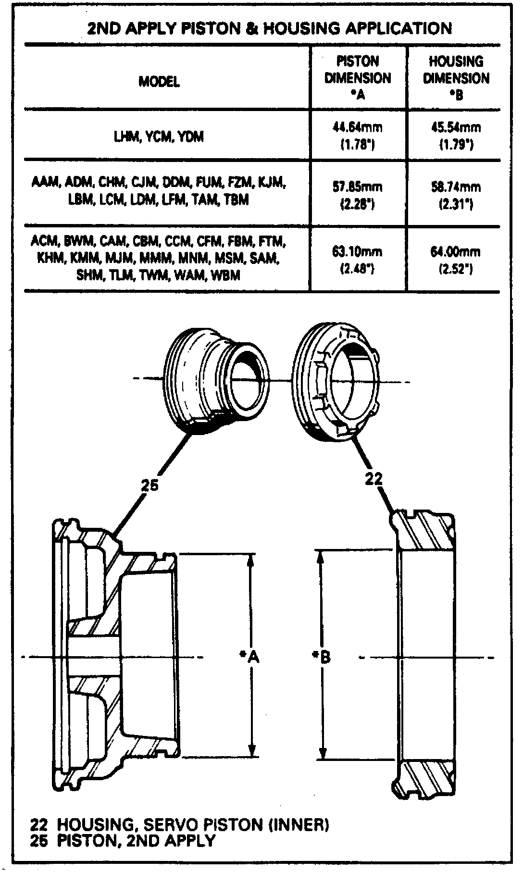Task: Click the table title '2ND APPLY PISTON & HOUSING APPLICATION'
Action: [270, 28]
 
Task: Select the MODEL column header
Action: [160, 82]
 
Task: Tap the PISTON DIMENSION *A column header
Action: [358, 78]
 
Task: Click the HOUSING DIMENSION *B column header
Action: [456, 78]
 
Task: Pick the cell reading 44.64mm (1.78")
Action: [358, 136]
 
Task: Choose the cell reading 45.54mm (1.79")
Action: [456, 136]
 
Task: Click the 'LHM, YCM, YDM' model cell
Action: [157, 137]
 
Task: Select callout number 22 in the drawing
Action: [374, 479]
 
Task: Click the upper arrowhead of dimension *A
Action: [251, 561]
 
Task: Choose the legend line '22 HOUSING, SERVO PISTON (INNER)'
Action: [180, 825]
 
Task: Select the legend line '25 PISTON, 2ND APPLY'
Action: [123, 840]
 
